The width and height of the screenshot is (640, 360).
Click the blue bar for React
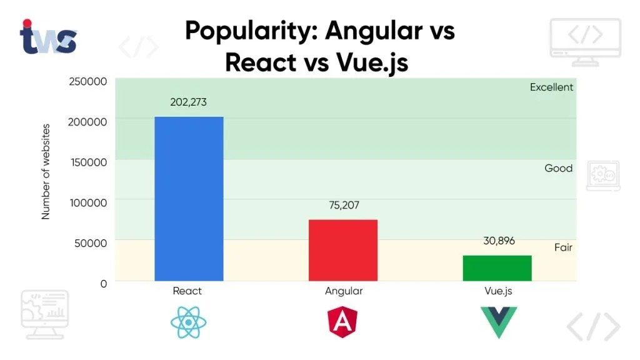coord(189,199)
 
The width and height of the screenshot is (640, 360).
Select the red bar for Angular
coord(343,250)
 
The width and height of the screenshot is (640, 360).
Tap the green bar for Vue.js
coord(497,268)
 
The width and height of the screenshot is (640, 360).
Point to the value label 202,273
coord(189,102)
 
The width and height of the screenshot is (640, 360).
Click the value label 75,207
coord(343,205)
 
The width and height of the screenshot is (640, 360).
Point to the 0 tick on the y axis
coord(104,283)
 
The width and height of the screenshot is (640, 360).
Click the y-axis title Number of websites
coord(46,171)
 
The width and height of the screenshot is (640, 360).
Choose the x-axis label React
coord(187,291)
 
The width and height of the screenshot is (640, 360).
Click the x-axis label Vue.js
coord(498,291)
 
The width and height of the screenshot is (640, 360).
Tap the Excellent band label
coord(551,87)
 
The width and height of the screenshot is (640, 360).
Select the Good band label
coord(558,168)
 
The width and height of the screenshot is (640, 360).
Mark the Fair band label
coord(563,247)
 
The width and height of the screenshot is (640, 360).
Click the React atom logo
coord(187,322)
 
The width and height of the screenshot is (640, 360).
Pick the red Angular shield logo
coord(343,322)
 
